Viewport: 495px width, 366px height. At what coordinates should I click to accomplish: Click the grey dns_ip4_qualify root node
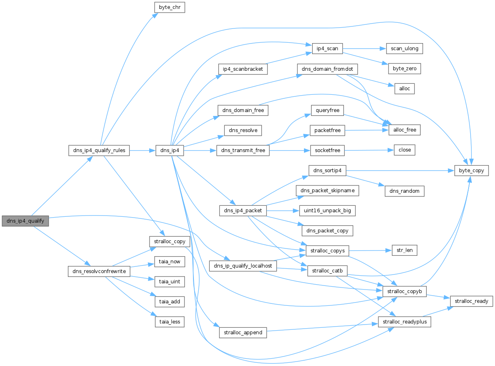tap(25, 221)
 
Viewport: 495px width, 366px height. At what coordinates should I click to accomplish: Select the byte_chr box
tap(169, 7)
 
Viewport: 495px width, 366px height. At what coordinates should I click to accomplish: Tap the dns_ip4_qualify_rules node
tap(99, 150)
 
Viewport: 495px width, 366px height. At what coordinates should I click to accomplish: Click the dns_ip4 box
tap(169, 150)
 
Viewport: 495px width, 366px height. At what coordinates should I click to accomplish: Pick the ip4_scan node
tap(327, 48)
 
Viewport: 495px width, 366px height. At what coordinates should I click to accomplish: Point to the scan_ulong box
tap(404, 48)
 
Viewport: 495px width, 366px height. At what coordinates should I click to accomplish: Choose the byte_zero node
tap(404, 69)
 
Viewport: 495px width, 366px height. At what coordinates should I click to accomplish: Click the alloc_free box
tap(404, 130)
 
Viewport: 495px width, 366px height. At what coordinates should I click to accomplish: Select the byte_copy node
tap(471, 171)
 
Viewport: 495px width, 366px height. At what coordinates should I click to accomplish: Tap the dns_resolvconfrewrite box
tap(99, 271)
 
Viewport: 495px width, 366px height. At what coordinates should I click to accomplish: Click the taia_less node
tap(169, 322)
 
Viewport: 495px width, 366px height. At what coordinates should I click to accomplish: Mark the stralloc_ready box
tap(471, 301)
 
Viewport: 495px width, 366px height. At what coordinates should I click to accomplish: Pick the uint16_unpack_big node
tap(327, 211)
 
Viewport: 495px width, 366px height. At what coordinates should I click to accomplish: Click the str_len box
tap(404, 251)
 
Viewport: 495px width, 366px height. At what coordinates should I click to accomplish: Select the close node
tap(404, 150)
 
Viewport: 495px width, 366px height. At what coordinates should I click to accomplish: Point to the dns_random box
tap(404, 191)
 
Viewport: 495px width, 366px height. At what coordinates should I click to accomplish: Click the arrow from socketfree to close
tap(369, 150)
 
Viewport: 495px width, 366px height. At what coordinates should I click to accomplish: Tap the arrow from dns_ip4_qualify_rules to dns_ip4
tap(143, 150)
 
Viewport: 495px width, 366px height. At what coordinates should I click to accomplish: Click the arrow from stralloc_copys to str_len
tap(371, 251)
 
